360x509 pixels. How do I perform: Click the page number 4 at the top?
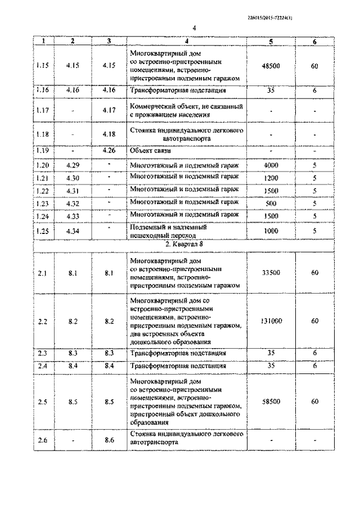[193, 27]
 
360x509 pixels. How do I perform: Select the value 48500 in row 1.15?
[271, 65]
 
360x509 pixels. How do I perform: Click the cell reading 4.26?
[109, 151]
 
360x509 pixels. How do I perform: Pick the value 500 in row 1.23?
[271, 203]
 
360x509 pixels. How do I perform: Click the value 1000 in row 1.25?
[271, 231]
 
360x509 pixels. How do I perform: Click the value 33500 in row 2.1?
[271, 272]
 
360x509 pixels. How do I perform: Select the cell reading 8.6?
[109, 439]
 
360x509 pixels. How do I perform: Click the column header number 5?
[271, 41]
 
